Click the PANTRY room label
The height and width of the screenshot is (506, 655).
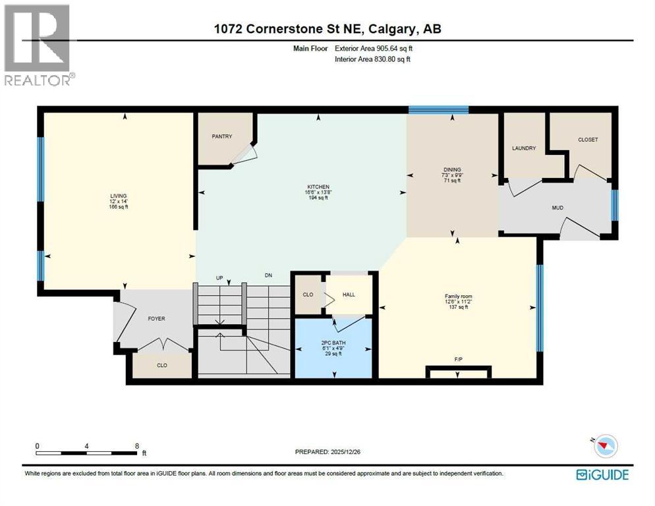222,136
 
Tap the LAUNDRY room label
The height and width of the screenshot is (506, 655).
525,148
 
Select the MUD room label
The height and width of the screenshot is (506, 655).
557,208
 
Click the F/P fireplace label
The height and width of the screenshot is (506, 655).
458,359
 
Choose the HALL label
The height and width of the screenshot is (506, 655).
349,295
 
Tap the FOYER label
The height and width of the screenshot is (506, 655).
156,318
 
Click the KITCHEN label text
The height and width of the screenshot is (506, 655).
317,186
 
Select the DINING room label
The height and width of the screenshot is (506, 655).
452,169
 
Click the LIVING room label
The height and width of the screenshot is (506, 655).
119,196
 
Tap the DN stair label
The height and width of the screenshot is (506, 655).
268,275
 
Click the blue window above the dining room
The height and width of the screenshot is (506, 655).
438,110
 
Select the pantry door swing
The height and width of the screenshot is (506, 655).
244,153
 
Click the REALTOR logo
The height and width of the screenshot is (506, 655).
39,44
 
